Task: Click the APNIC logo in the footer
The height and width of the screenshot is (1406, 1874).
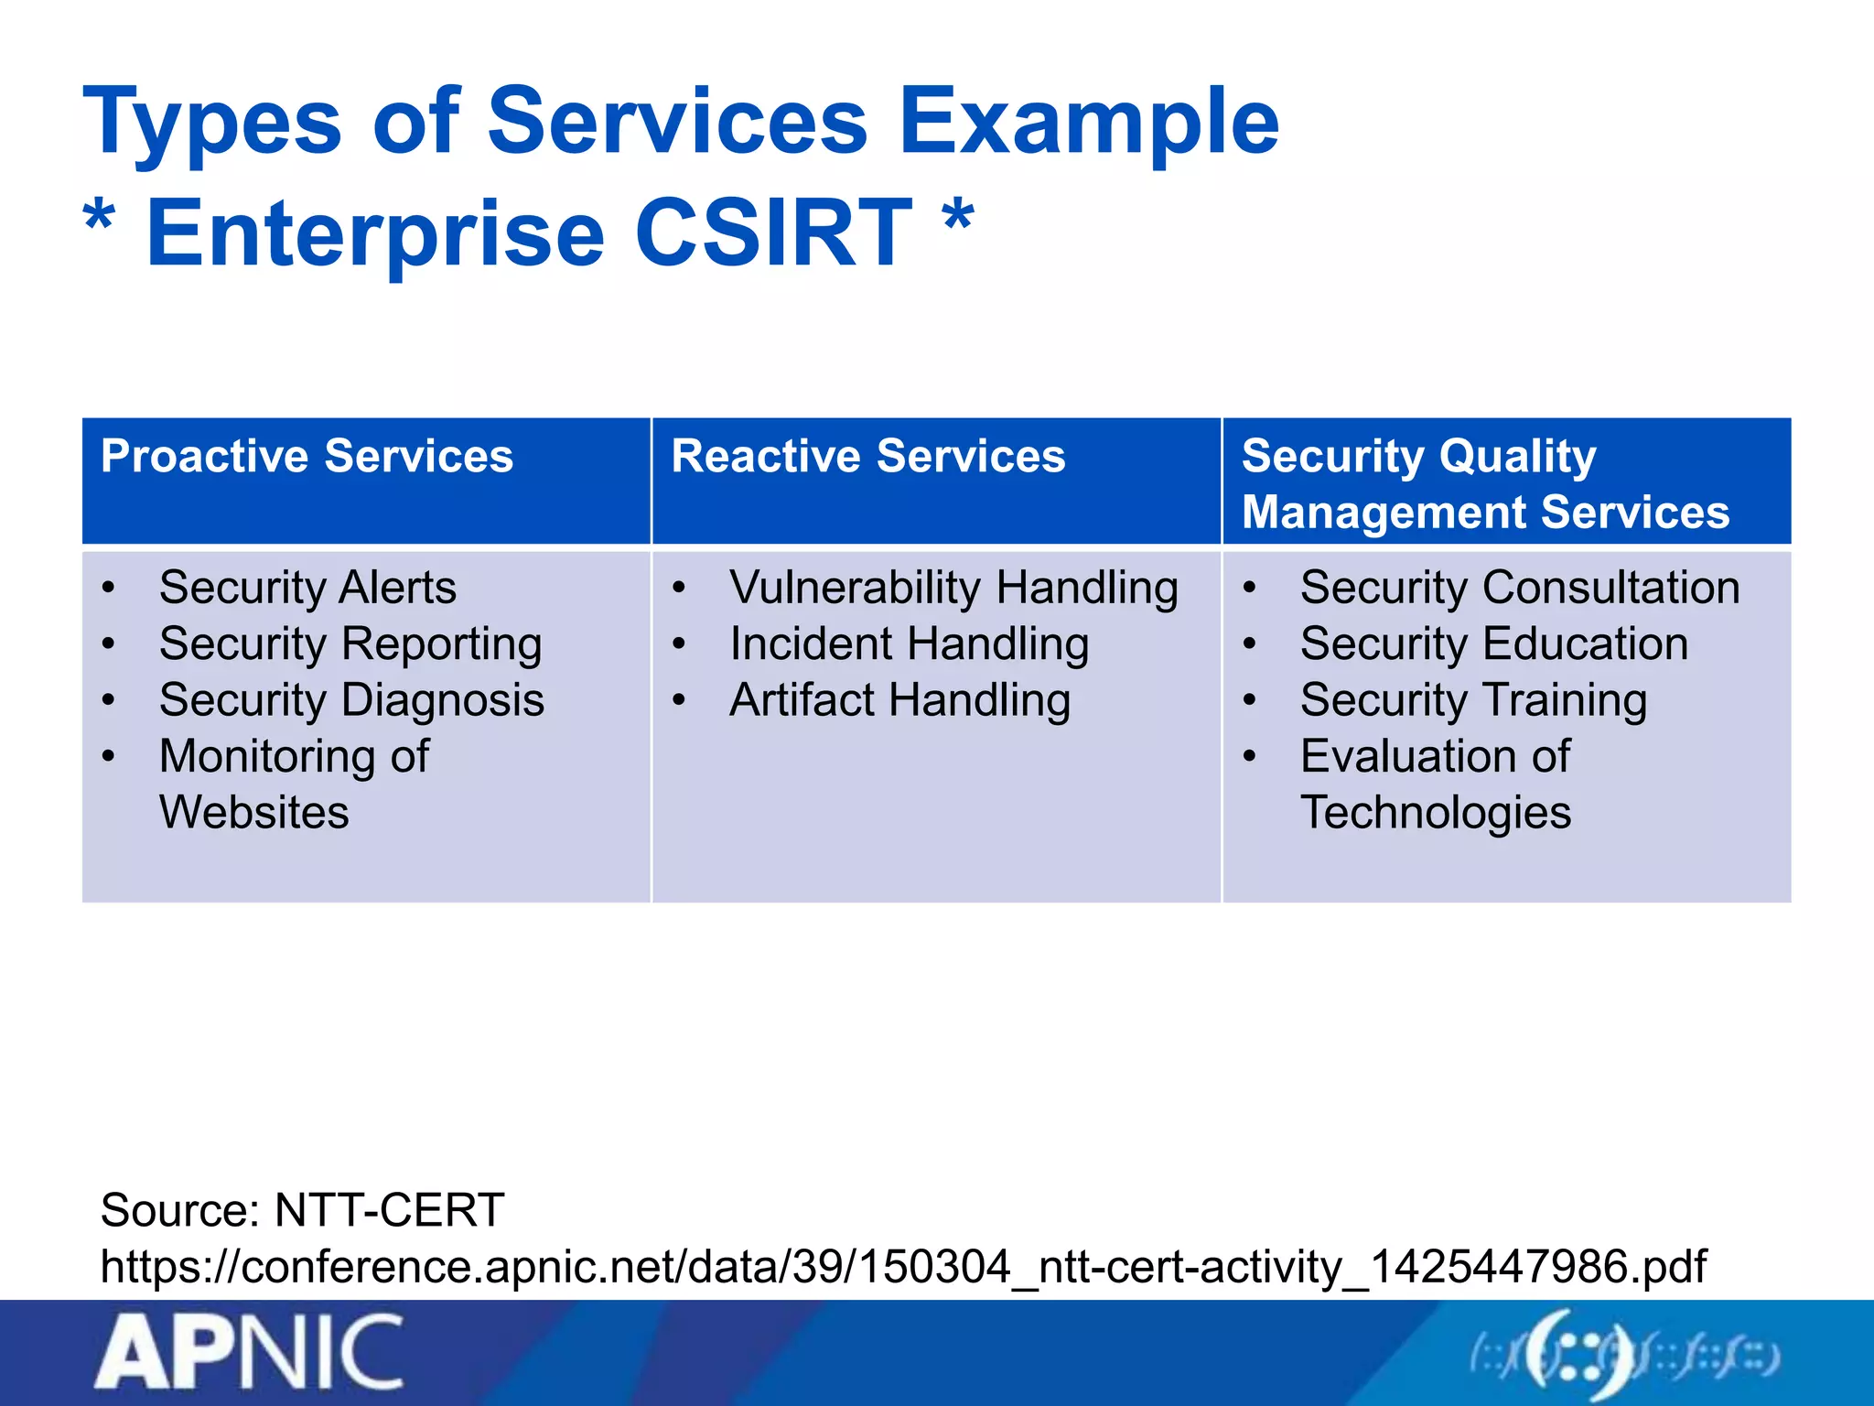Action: coord(249,1352)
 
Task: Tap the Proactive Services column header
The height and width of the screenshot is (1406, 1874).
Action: coord(307,456)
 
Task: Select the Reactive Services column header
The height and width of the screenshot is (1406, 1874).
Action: coord(867,456)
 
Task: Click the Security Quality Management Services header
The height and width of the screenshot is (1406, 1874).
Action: coord(1484,483)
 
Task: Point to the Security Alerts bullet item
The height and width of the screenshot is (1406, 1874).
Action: coord(307,588)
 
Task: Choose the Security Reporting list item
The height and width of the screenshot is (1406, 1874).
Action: coord(350,644)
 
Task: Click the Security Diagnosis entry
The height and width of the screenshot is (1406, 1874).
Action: coord(351,701)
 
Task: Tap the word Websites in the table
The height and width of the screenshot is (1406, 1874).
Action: coord(253,813)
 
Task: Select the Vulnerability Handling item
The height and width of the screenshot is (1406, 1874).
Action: coord(953,588)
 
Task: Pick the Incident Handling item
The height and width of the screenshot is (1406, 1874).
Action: coord(909,644)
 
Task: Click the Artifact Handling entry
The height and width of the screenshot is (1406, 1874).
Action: coord(899,701)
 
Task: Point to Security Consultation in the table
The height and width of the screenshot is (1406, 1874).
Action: coord(1519,588)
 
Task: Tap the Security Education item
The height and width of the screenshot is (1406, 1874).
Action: coord(1493,644)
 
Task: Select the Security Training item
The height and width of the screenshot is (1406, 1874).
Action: coord(1473,701)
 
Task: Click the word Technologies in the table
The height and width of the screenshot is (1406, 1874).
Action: coord(1435,813)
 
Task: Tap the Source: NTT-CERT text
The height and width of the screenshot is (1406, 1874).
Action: coord(302,1210)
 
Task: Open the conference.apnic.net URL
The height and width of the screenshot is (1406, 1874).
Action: coord(902,1267)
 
